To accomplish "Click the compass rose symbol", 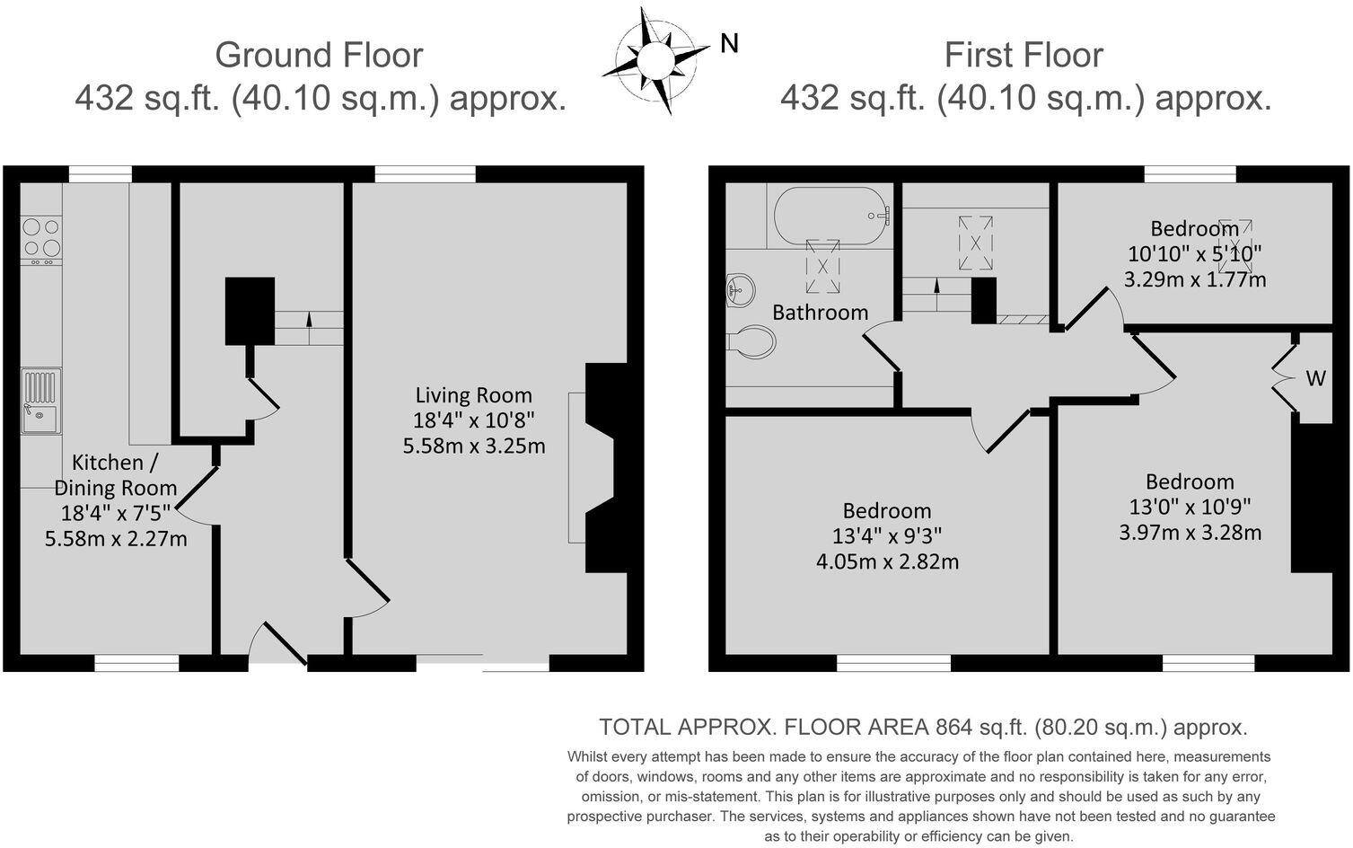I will (655, 60).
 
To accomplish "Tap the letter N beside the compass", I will (729, 43).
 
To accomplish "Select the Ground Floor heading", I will (319, 55).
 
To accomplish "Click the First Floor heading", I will (1023, 55).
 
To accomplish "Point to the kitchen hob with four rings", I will (41, 238).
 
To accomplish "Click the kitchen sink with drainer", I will (41, 401).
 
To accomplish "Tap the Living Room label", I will (473, 395).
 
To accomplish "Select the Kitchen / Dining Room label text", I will (116, 475).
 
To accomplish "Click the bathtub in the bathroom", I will (830, 216).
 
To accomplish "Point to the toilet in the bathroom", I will (752, 342).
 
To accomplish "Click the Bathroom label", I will (820, 313).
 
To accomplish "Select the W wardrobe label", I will (1315, 378).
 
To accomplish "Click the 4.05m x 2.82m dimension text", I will (887, 562).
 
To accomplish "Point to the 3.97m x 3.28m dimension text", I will (1190, 533).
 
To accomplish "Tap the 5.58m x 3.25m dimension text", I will (474, 446).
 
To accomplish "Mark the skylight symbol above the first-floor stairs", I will (975, 243).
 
